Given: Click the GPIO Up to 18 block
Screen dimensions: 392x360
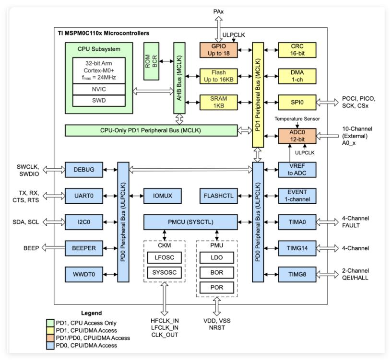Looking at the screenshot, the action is click(218, 50).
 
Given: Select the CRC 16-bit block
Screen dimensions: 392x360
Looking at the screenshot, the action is click(297, 50).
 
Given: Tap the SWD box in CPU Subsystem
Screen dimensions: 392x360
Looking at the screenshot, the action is click(99, 101).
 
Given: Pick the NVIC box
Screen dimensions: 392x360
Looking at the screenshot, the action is click(99, 89).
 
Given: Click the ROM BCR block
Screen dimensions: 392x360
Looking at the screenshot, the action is click(151, 61).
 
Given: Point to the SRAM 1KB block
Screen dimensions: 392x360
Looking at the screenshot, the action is click(218, 102).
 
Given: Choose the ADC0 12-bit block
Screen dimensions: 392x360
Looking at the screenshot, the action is click(297, 136).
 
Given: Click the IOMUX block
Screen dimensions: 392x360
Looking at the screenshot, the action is click(163, 196).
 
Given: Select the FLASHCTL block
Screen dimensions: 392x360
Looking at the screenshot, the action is click(218, 196).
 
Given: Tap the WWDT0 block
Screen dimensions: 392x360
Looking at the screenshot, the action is click(84, 274).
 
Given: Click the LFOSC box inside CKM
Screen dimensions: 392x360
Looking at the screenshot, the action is click(164, 257).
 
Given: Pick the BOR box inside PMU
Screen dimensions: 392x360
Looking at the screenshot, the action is click(216, 273).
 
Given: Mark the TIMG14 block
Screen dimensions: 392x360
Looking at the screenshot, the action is click(297, 248).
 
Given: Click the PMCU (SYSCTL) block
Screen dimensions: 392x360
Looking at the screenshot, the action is click(190, 222).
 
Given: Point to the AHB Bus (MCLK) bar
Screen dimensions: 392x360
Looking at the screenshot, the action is click(179, 78).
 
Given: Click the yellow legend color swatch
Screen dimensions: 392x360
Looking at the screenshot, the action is click(50, 331).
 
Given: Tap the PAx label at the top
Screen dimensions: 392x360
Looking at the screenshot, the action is click(218, 12).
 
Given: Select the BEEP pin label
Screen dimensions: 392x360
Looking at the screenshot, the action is click(31, 248).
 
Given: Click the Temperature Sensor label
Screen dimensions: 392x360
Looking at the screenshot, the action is click(297, 119).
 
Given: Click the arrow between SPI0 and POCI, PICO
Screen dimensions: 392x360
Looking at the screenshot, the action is click(327, 102).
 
